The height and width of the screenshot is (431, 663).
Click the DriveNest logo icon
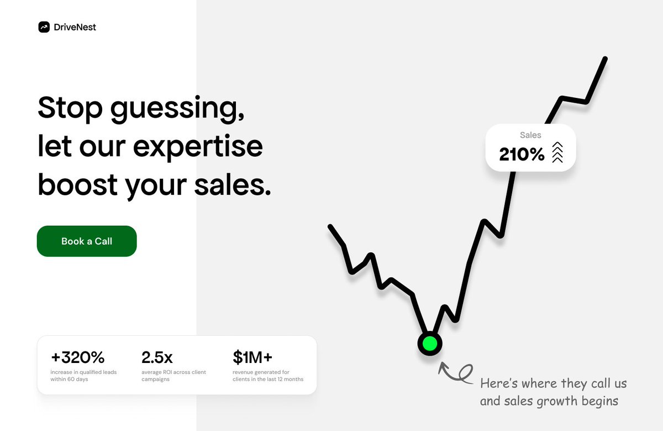(x=44, y=27)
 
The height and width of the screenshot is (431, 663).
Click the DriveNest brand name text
(x=75, y=27)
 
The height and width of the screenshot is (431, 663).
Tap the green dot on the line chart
(x=430, y=344)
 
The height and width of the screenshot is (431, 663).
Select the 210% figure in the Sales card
(x=522, y=154)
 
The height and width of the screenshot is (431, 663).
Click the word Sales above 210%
(x=530, y=135)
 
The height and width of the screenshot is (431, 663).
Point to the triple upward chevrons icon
(x=557, y=152)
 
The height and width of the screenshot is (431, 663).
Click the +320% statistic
(x=78, y=357)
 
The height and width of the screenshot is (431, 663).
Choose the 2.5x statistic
(x=157, y=357)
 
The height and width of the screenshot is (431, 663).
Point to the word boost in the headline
(x=78, y=185)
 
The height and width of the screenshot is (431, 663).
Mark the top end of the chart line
(x=605, y=59)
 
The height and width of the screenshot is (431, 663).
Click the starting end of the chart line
(x=330, y=226)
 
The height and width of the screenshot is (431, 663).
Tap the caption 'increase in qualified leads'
(x=83, y=372)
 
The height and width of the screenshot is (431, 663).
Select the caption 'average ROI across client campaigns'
(x=173, y=376)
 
